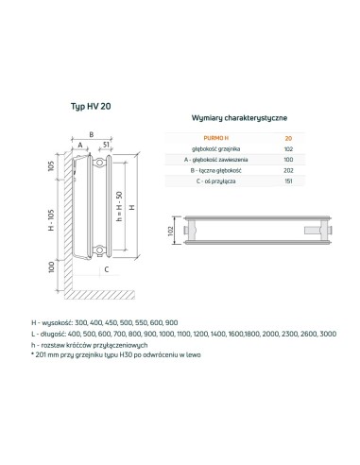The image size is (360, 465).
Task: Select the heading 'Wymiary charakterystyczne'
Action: (240, 116)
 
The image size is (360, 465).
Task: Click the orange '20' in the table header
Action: (287, 138)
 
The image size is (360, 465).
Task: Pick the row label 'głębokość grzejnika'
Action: (214, 148)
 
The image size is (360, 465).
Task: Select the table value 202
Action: (287, 171)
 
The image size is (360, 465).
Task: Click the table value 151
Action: (287, 182)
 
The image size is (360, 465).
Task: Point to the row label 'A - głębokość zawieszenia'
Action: (214, 160)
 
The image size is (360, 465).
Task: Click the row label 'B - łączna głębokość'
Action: (214, 171)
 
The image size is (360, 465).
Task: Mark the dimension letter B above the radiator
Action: (92, 134)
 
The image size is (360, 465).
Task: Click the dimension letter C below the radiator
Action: (106, 269)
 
